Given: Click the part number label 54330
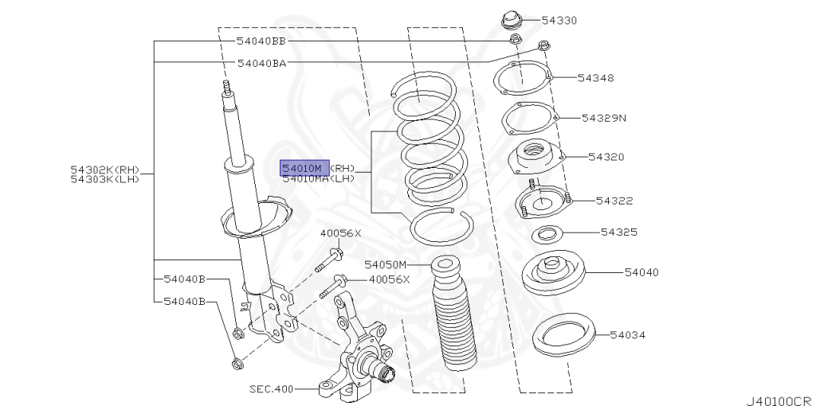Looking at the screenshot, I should point(559,20).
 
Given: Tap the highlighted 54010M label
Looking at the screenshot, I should point(304,168).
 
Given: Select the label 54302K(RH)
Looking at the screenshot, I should point(105,170).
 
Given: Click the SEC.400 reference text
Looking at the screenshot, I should point(272,389).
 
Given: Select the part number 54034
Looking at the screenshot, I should point(630,335).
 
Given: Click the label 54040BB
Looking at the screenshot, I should point(261,40).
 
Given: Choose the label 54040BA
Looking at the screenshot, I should point(261,62).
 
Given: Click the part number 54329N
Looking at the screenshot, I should point(604,118).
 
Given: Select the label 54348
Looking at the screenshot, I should point(596,78).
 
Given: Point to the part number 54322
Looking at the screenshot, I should point(614,201).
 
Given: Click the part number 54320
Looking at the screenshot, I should point(607,158).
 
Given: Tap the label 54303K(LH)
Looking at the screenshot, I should point(105,179).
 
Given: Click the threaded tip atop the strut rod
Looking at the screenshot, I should point(227,87).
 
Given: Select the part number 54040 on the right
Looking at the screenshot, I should point(641,272).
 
